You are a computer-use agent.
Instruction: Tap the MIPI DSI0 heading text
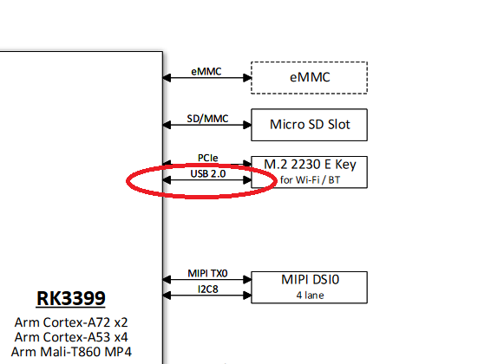(x=310, y=280)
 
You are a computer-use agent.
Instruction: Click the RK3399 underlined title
(x=71, y=298)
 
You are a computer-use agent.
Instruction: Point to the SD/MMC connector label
(x=207, y=119)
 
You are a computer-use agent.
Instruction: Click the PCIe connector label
(x=207, y=158)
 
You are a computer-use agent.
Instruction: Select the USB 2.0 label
(x=208, y=173)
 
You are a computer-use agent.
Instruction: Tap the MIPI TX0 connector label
(x=207, y=273)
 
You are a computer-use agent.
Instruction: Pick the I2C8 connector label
(x=208, y=289)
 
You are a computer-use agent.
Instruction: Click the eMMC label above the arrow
(x=206, y=72)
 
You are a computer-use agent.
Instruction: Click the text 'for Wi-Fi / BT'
(x=310, y=179)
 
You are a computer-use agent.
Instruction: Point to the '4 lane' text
(x=310, y=296)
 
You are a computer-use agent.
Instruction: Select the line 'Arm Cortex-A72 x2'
(x=71, y=322)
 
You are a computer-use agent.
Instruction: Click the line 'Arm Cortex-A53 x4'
(x=71, y=337)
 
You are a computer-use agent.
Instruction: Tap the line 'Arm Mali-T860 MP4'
(x=71, y=352)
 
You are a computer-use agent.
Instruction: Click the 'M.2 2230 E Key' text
(x=310, y=165)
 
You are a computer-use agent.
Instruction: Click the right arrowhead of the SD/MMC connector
(x=247, y=125)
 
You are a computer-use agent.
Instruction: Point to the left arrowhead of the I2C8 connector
(x=167, y=296)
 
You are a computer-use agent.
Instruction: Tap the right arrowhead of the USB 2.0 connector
(x=247, y=179)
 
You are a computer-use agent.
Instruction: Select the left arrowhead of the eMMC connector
(x=167, y=78)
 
